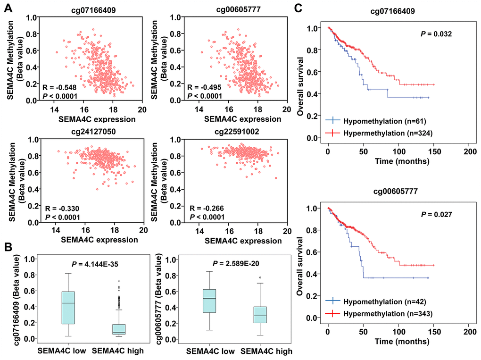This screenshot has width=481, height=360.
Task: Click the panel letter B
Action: coord(8,246)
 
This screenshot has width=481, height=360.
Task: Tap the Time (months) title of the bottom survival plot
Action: coord(398,342)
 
